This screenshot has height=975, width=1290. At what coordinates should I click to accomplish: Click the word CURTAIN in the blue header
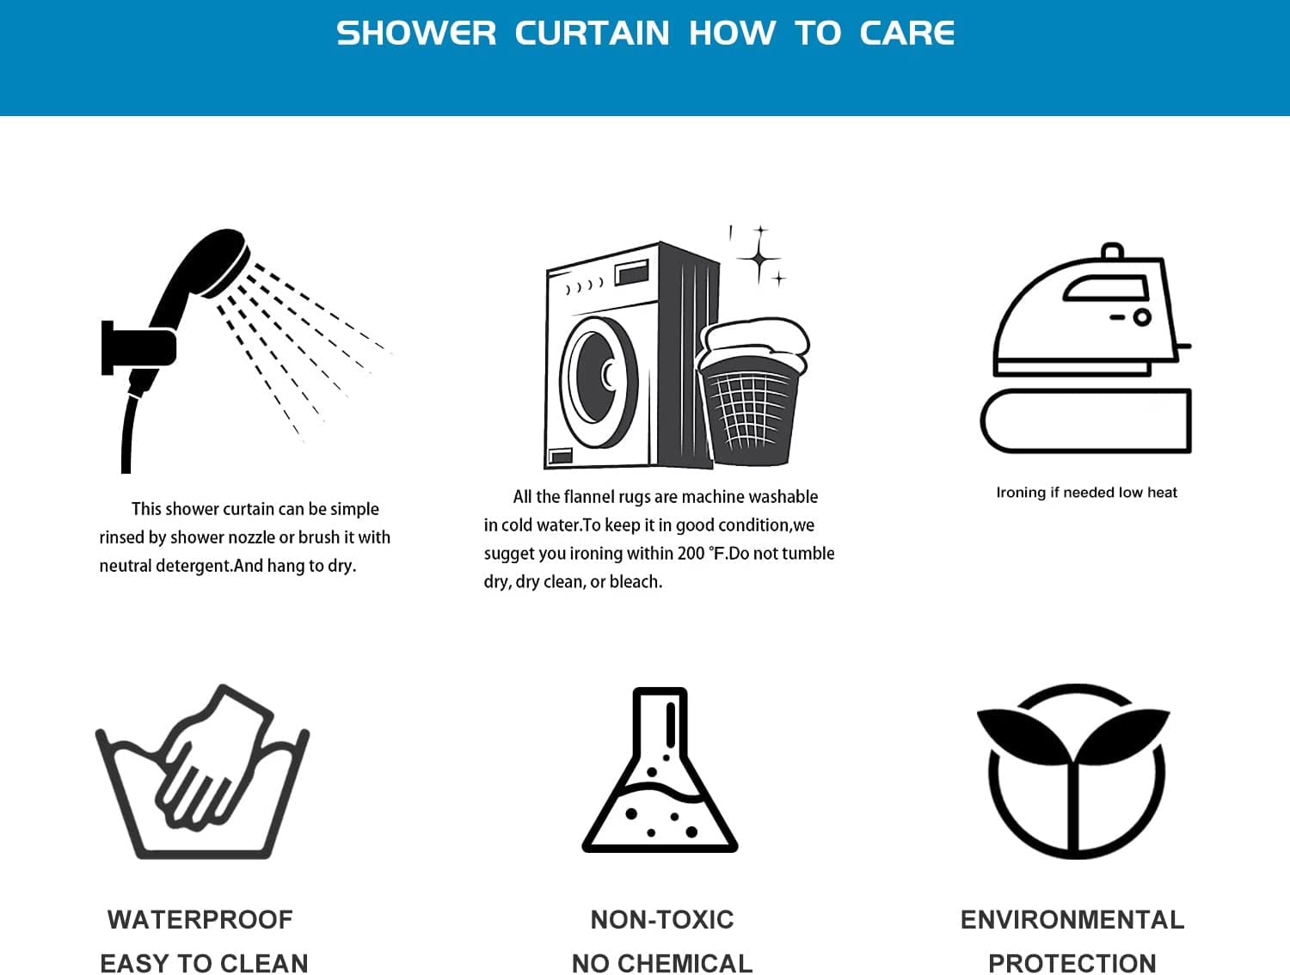(592, 33)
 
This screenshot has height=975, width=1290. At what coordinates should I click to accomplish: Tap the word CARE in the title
(906, 33)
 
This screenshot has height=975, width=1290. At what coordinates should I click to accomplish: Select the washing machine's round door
(599, 382)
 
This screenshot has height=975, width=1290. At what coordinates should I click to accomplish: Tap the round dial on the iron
(1142, 317)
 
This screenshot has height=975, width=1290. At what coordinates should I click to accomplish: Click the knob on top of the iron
(1112, 251)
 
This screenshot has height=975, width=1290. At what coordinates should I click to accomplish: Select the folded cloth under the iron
(1086, 420)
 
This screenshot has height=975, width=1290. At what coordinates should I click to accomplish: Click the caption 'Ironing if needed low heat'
(1087, 492)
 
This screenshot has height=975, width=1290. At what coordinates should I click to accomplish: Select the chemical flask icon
(660, 770)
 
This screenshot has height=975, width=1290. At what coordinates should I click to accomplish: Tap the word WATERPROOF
(200, 920)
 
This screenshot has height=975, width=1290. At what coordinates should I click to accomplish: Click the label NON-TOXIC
(662, 920)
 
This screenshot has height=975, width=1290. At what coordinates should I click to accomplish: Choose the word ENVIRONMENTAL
(1072, 920)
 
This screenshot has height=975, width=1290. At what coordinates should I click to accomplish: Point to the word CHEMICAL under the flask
(685, 964)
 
